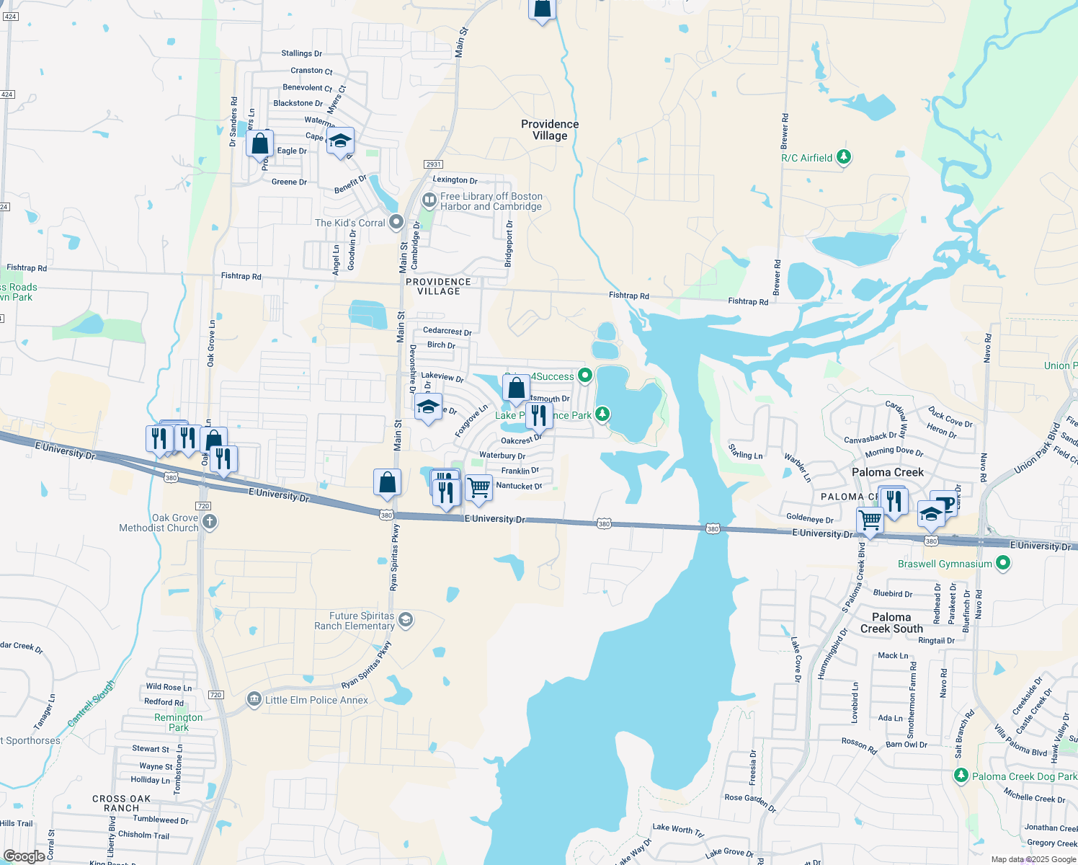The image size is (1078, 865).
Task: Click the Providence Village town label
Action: tap(550, 130)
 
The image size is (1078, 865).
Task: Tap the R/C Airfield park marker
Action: tap(845, 157)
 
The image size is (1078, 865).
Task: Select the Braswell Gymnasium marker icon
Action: tap(1003, 564)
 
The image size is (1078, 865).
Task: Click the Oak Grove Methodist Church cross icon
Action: tap(210, 522)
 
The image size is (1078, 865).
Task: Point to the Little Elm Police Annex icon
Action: tap(254, 699)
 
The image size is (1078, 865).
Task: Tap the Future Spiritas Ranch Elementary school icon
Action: tap(406, 620)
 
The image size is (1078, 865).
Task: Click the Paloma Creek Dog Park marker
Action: tap(961, 776)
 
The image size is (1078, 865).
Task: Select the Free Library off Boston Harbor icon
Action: tap(429, 200)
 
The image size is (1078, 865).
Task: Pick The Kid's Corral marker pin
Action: tap(396, 222)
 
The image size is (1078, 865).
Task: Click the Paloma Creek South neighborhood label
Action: tap(891, 623)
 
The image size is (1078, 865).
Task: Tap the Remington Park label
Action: tap(178, 722)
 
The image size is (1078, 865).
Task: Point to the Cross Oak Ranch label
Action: tap(121, 803)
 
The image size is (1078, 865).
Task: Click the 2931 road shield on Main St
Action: tap(433, 164)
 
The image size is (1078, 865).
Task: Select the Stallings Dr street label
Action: tap(301, 53)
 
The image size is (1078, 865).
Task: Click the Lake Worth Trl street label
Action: tap(677, 830)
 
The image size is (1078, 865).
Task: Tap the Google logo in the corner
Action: tap(24, 856)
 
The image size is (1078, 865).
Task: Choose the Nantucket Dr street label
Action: tap(519, 486)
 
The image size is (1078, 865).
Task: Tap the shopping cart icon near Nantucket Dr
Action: tap(478, 488)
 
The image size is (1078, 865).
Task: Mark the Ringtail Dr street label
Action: tap(936, 640)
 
